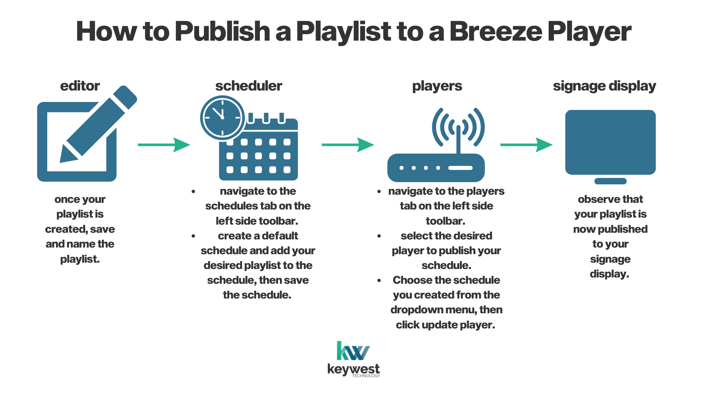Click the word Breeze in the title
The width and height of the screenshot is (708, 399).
pos(495,31)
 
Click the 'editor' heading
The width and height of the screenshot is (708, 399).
pos(80,86)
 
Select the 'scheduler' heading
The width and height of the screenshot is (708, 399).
pos(249,86)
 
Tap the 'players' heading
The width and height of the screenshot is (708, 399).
pos(437,86)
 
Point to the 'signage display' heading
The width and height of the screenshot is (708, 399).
pos(604,86)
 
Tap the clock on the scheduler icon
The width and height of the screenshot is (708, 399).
pos(222,118)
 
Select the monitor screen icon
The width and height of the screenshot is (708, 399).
pos(610,142)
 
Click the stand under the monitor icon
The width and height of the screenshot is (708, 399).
pos(610,181)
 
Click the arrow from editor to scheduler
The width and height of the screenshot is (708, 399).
pos(164,145)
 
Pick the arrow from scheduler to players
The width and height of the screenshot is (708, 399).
pos(348,145)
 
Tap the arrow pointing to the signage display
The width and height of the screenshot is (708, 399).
pos(526,145)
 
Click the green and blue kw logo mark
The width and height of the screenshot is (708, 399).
pos(353,351)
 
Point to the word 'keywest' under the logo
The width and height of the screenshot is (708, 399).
pos(353,369)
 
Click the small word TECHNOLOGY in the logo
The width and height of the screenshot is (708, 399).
pos(366,376)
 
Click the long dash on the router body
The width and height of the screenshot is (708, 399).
pos(460,168)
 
